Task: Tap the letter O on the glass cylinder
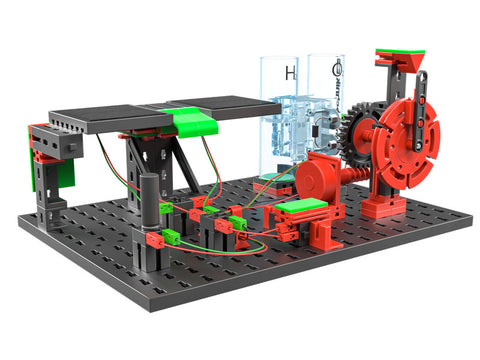tap(338, 71)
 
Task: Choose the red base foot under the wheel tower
tap(381, 206)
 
